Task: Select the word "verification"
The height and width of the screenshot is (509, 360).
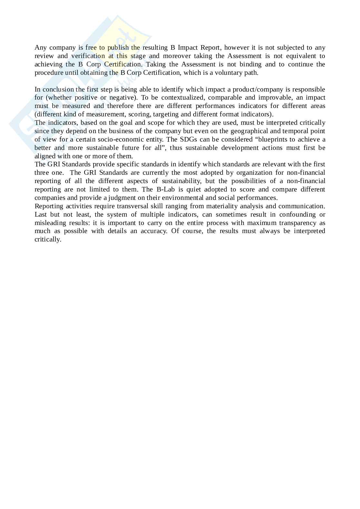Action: point(88,56)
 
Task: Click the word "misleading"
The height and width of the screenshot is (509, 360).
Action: point(50,223)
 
